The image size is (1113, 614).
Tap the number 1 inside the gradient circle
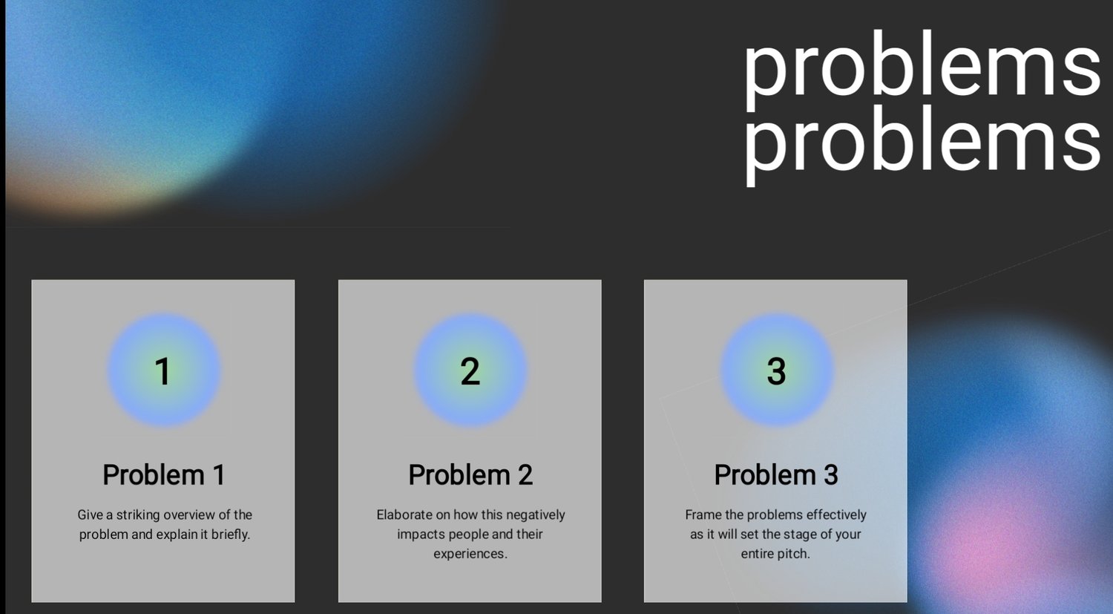point(163,371)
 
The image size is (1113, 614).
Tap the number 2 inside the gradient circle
point(470,371)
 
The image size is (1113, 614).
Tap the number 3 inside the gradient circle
point(776,371)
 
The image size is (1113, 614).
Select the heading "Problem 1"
point(164,475)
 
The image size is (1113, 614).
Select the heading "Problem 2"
point(470,475)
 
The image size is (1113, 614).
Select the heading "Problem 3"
point(776,475)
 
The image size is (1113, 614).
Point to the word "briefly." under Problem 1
point(231,535)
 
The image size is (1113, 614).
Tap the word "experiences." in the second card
point(470,555)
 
